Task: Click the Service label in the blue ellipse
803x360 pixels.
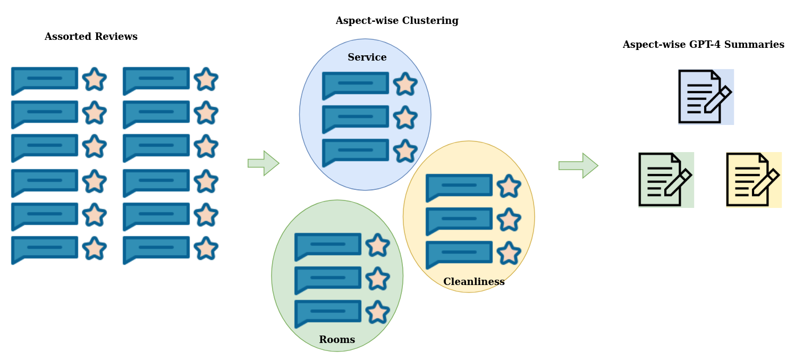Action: tap(367, 57)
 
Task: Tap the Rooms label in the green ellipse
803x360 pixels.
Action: tap(336, 340)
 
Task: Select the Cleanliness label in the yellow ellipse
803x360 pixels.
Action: tap(473, 282)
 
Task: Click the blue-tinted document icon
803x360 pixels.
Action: tap(706, 97)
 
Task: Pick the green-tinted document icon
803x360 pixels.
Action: tap(666, 180)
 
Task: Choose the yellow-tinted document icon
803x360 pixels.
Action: tap(754, 180)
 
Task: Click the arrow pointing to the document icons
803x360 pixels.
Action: tap(578, 165)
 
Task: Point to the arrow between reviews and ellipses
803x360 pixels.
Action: tap(264, 163)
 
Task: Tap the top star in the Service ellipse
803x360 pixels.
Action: tap(405, 85)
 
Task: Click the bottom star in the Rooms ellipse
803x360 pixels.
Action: tap(377, 313)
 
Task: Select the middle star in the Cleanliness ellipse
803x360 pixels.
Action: tap(509, 220)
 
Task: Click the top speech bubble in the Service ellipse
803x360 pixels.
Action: tap(355, 84)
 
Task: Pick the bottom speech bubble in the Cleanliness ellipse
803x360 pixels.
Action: tap(459, 253)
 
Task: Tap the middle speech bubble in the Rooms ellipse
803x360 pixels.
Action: tap(327, 279)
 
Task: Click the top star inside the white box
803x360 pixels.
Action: tap(95, 80)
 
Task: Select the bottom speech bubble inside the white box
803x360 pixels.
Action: tap(45, 146)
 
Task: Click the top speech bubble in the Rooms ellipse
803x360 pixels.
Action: tap(327, 245)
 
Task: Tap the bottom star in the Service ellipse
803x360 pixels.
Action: tap(405, 152)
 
